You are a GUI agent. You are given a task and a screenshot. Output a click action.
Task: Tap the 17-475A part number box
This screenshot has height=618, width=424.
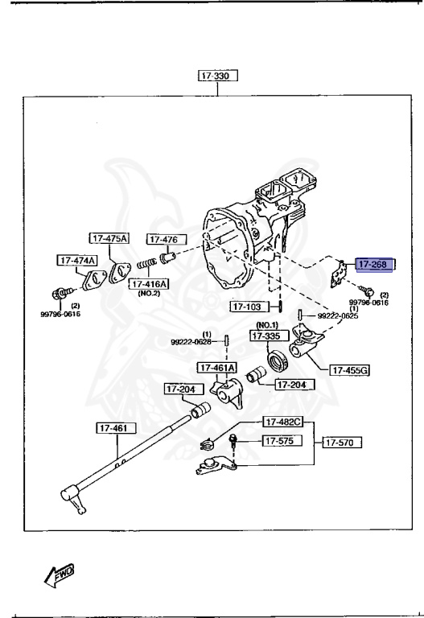click(x=109, y=239)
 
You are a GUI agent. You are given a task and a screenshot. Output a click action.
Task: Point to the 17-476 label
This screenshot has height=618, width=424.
click(x=166, y=239)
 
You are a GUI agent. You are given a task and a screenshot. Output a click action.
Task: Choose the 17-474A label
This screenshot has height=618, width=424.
click(x=76, y=260)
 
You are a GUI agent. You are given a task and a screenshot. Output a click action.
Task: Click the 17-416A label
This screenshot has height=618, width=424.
click(x=150, y=284)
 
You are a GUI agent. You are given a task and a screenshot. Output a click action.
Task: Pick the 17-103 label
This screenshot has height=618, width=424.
click(x=249, y=307)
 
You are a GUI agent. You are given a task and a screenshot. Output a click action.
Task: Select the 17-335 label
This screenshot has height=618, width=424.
click(x=268, y=336)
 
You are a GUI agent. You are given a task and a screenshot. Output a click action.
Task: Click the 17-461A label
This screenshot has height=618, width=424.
click(x=218, y=368)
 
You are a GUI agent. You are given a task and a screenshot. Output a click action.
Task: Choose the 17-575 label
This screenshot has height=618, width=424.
click(x=282, y=442)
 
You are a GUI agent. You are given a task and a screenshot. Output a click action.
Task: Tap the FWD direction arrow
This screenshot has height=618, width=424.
click(x=62, y=573)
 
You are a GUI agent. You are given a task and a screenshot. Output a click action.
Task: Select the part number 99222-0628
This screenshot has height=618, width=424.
click(x=191, y=342)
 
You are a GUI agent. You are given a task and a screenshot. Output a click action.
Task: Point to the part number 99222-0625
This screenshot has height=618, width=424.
click(x=338, y=316)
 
